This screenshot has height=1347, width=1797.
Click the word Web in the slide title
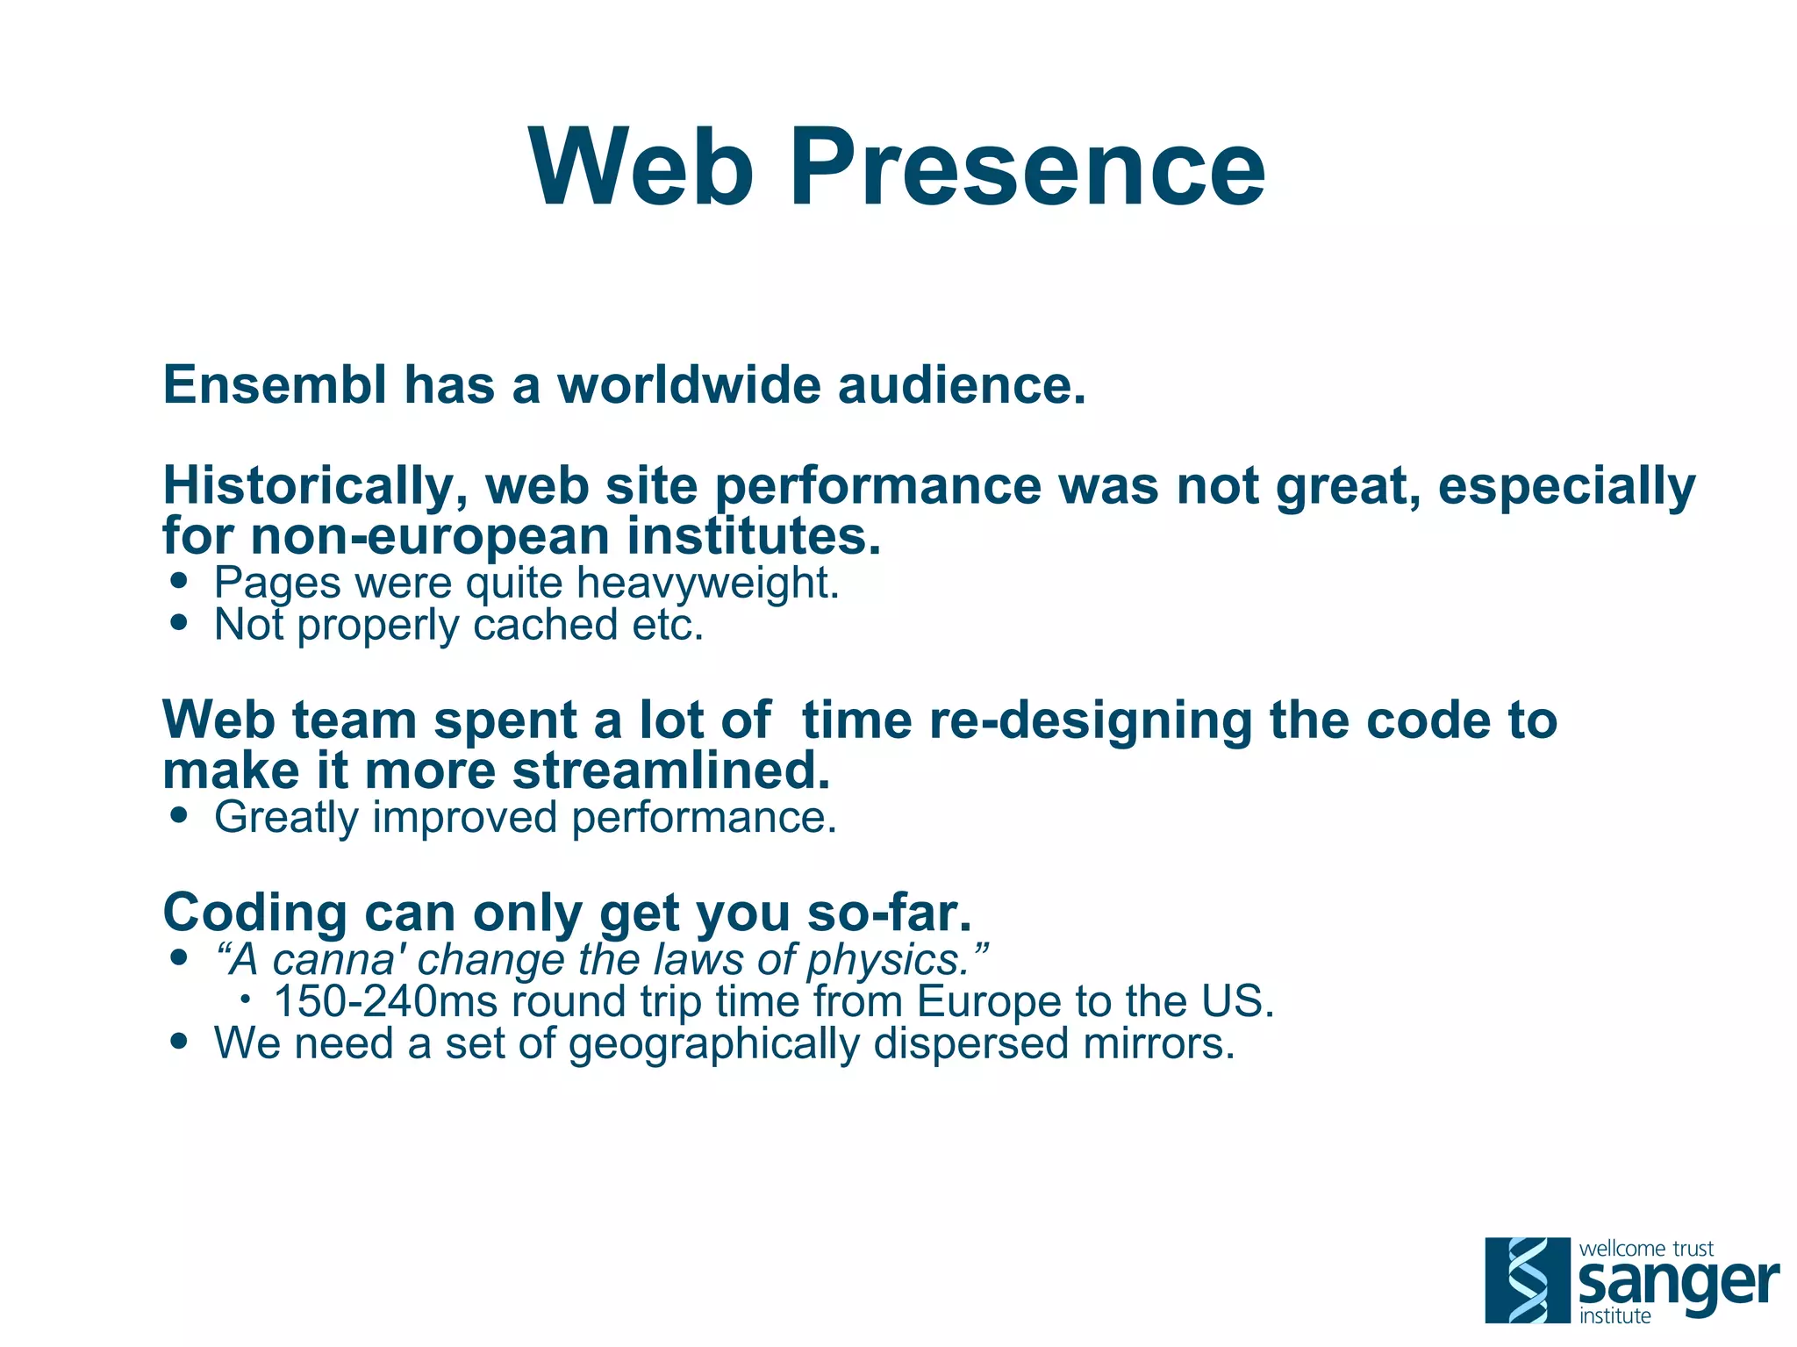[641, 167]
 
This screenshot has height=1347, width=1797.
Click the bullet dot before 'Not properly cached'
[180, 622]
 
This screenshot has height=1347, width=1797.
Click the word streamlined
[670, 770]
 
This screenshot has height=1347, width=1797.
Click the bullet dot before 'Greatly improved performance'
[180, 814]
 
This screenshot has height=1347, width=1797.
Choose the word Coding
[254, 913]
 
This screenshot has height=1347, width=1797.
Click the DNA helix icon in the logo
[1527, 1279]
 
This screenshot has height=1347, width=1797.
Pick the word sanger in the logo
[1678, 1284]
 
